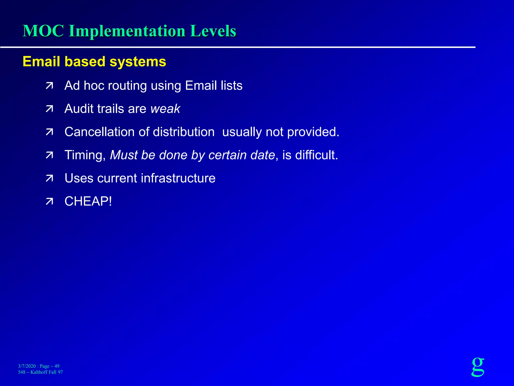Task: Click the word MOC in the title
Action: pyautogui.click(x=43, y=31)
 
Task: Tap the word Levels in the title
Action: pyautogui.click(x=213, y=31)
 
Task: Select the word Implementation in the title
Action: pyautogui.click(x=127, y=31)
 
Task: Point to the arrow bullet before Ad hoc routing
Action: pyautogui.click(x=49, y=86)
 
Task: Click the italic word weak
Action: pyautogui.click(x=165, y=109)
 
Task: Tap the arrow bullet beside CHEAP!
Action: pyautogui.click(x=49, y=202)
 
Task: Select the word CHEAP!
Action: pyautogui.click(x=88, y=201)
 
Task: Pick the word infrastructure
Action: pyautogui.click(x=178, y=178)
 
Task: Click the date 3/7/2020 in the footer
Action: pyautogui.click(x=27, y=366)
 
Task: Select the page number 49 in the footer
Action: pyautogui.click(x=57, y=366)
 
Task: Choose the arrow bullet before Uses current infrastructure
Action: pyautogui.click(x=49, y=178)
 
